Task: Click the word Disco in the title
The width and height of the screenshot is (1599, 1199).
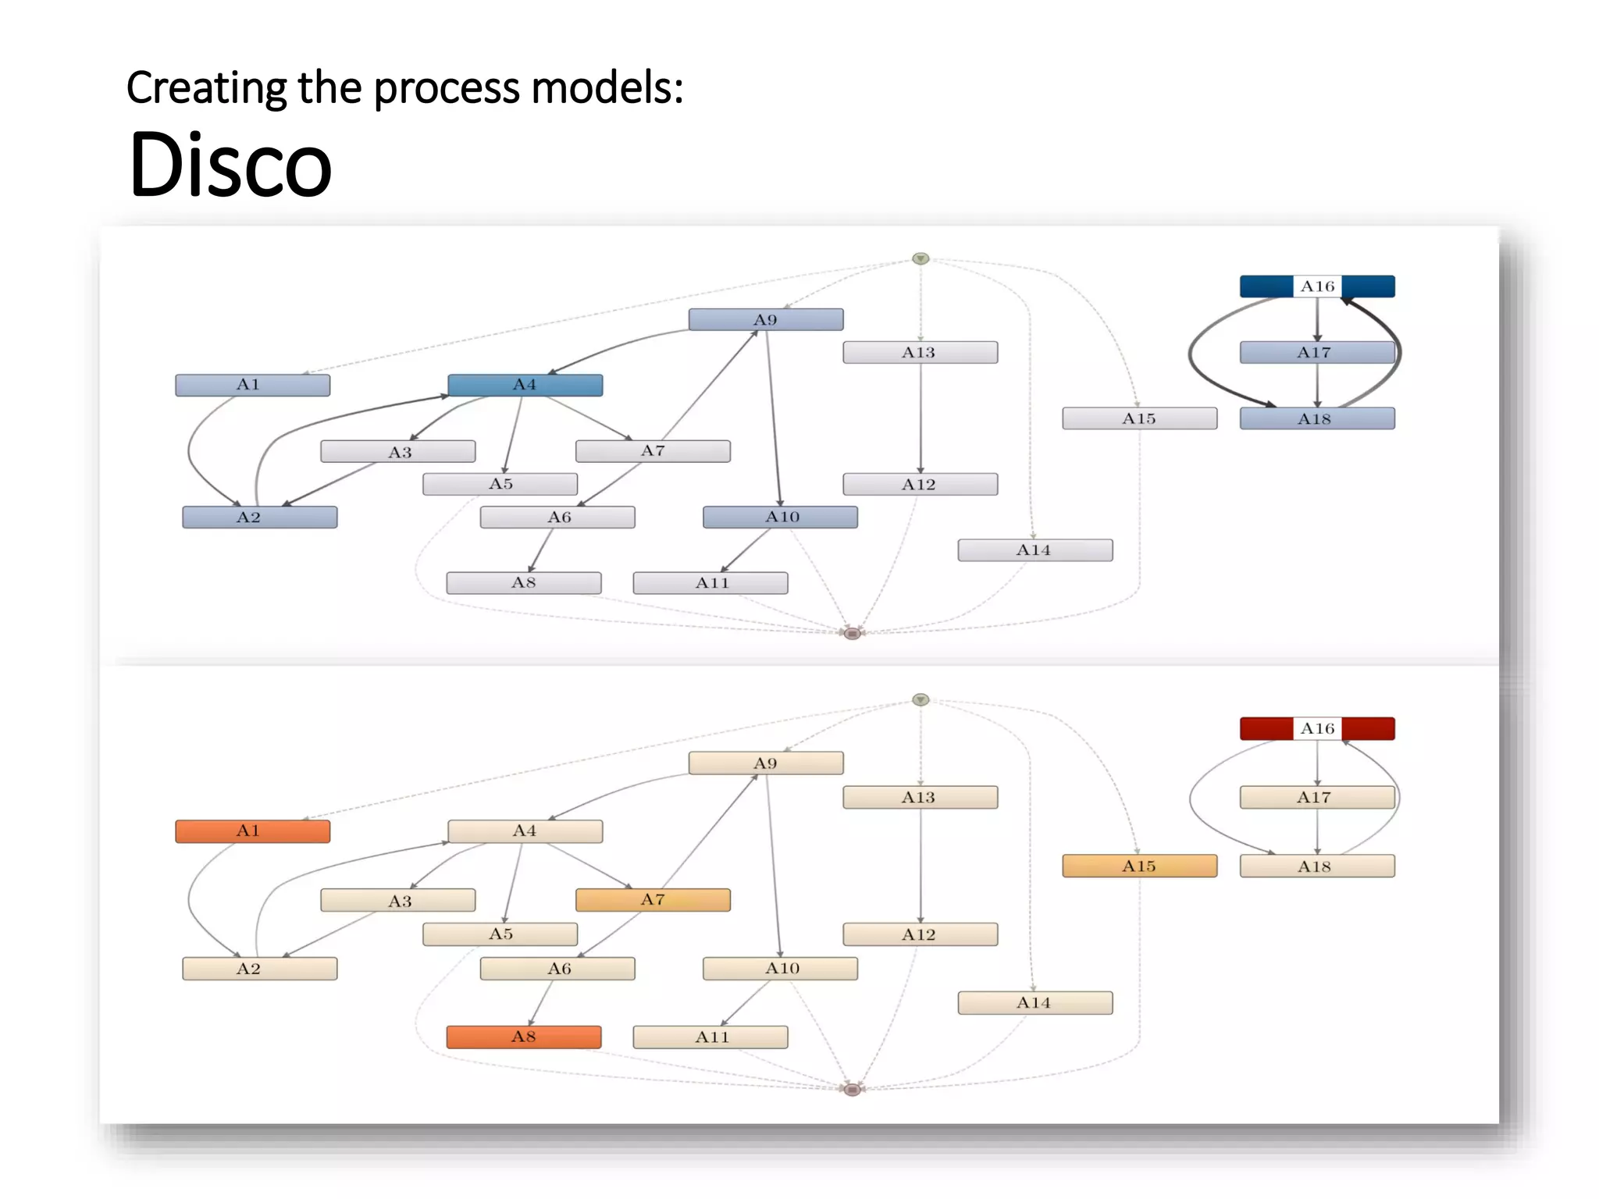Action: click(x=230, y=165)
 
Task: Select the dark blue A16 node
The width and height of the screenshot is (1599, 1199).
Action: click(x=1317, y=286)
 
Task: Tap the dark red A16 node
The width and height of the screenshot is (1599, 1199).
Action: click(x=1317, y=728)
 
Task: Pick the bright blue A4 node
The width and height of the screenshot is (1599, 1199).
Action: click(x=525, y=385)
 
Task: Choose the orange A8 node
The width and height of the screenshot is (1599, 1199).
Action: click(x=524, y=1037)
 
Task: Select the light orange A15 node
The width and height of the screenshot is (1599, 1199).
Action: click(x=1139, y=866)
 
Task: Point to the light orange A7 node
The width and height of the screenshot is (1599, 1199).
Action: click(x=653, y=899)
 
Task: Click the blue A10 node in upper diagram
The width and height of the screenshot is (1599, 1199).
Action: click(x=780, y=517)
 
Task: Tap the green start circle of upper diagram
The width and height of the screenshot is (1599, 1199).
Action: click(x=921, y=258)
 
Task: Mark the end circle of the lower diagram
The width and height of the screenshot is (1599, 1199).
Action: click(x=853, y=1089)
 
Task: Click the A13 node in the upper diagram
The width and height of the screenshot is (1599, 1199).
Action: click(x=920, y=352)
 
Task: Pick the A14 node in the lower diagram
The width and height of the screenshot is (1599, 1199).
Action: click(x=1035, y=1002)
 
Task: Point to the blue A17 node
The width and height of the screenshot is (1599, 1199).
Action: click(x=1317, y=352)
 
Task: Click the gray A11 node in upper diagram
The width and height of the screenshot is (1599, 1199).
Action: click(x=710, y=582)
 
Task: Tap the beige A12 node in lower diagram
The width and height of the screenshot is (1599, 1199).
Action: click(x=920, y=934)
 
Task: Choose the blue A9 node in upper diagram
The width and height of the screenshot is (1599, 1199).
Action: click(x=765, y=319)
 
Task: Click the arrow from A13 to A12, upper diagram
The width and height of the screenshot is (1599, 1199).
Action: click(x=921, y=418)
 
